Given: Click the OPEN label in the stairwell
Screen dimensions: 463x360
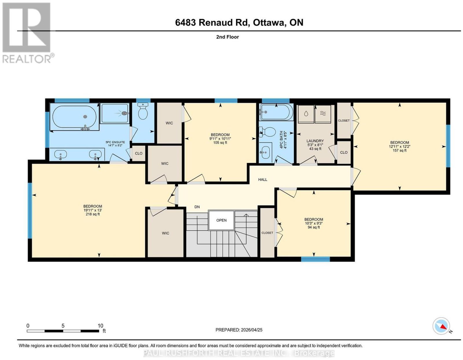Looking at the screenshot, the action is tap(221, 220).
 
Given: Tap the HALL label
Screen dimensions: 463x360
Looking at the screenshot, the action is tap(262, 180).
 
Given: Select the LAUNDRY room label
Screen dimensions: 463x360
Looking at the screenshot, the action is tap(315, 141).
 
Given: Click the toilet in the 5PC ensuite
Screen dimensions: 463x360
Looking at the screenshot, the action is tap(143, 111).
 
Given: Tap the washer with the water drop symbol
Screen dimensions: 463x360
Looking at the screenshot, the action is tap(306, 114).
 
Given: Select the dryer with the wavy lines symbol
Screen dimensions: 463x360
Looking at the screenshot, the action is tap(323, 114).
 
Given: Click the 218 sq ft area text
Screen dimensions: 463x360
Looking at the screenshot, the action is tap(93, 214).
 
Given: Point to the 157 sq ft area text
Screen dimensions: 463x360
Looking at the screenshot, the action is tap(400, 150).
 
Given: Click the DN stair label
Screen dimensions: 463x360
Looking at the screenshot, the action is tap(197, 207).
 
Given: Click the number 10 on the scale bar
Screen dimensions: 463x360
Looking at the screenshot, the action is tap(100, 326).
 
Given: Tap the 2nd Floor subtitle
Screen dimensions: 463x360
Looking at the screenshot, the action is tap(227, 37).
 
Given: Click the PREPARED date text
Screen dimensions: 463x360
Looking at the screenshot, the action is tap(239, 330).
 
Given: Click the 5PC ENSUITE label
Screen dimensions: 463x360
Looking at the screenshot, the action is tap(115, 142).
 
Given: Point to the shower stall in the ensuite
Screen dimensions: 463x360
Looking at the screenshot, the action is tap(115, 114).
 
